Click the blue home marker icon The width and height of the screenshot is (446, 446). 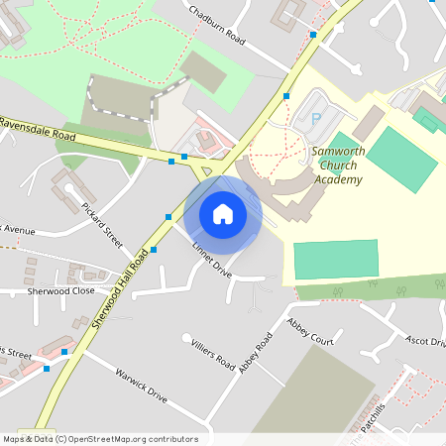223,214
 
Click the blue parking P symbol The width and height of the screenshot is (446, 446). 317,119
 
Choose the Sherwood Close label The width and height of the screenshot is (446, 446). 61,291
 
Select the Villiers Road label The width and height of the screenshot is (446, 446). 212,350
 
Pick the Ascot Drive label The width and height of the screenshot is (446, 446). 425,341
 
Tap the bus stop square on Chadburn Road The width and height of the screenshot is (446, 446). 313,34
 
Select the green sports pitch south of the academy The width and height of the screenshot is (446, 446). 336,260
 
